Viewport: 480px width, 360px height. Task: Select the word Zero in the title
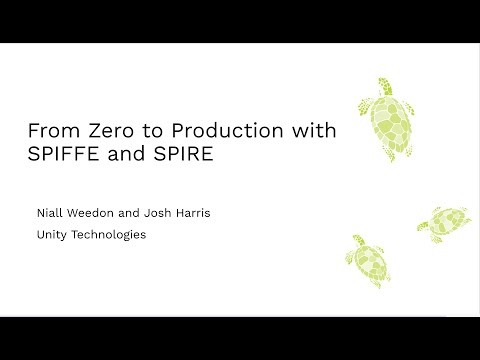click(102, 132)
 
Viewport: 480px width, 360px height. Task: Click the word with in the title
click(312, 132)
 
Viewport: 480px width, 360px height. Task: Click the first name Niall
click(48, 212)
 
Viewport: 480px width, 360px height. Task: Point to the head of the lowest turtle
click(356, 241)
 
